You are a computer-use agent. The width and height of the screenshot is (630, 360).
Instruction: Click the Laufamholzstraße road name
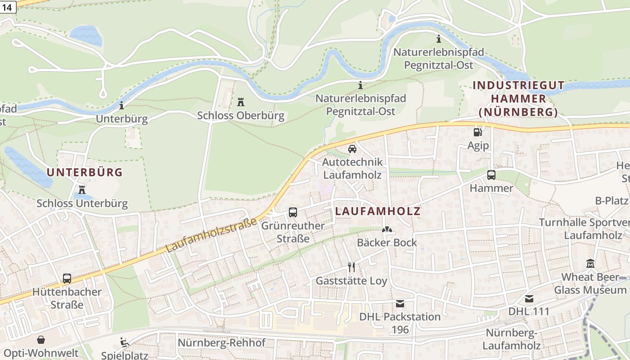click(211, 235)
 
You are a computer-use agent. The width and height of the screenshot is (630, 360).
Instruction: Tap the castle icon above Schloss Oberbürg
click(241, 102)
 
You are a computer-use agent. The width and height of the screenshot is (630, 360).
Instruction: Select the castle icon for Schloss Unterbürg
click(82, 189)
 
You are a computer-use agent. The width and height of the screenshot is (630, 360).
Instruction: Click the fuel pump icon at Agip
click(477, 132)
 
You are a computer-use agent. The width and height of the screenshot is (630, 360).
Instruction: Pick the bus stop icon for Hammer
click(491, 175)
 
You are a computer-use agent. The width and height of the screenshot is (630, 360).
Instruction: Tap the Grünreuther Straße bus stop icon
click(293, 212)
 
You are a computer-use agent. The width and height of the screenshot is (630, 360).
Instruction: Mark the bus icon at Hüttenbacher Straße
click(67, 278)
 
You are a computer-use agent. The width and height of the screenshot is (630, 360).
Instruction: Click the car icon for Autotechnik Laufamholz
click(352, 148)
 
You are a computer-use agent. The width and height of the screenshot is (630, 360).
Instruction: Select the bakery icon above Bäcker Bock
click(387, 229)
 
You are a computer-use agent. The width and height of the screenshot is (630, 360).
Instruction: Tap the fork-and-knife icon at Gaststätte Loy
click(351, 267)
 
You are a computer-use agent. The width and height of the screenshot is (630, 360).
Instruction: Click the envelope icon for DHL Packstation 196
click(400, 303)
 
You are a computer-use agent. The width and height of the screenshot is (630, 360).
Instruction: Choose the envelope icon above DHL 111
click(529, 298)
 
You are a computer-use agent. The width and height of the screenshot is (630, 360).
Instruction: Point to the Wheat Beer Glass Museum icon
click(590, 264)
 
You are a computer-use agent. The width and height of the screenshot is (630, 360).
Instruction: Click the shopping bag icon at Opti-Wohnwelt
click(41, 340)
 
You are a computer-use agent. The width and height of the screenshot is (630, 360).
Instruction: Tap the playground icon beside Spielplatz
click(125, 342)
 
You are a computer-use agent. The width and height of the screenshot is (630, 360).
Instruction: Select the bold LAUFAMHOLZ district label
click(378, 211)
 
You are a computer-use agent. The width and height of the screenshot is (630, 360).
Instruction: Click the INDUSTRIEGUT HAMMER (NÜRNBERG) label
click(518, 99)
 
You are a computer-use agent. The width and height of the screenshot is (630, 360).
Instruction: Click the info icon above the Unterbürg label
click(121, 106)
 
